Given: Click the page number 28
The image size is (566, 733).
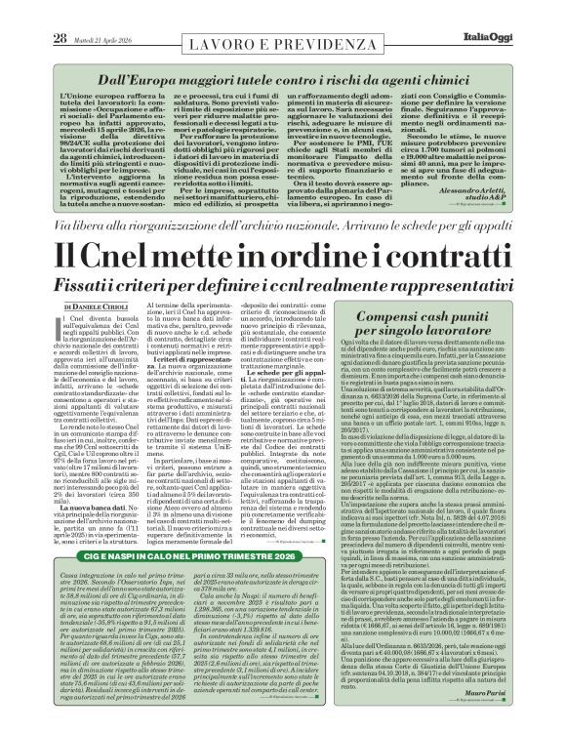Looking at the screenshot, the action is coord(31,12).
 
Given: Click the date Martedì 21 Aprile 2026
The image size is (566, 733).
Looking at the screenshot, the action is coord(77,12).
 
